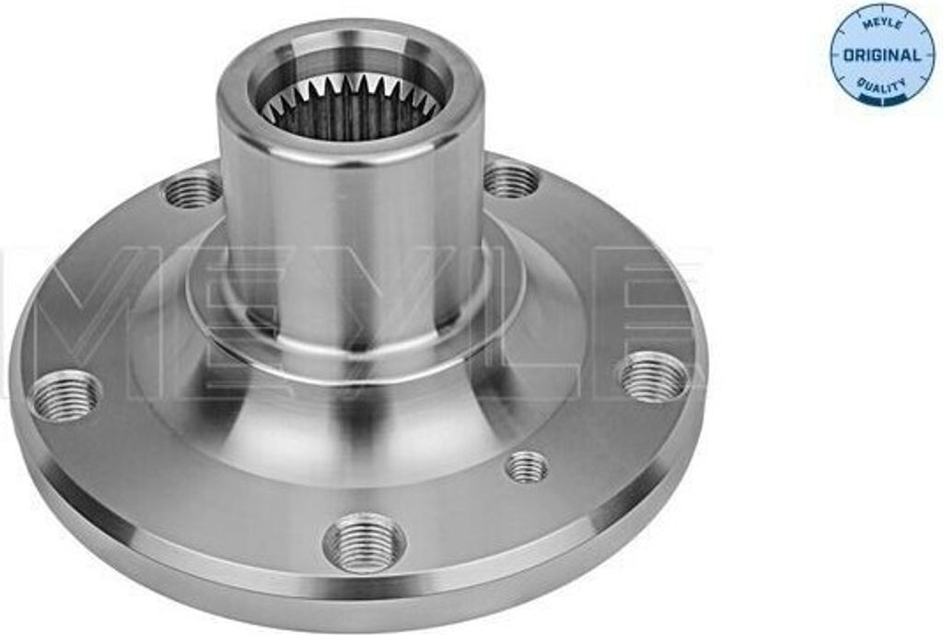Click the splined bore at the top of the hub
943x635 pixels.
pos(350,103)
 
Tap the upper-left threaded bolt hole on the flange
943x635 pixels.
pos(193,190)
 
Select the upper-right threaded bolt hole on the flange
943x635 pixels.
pos(512,179)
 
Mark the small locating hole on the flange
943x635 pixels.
pos(527,466)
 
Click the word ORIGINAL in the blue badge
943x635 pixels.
pos(881,55)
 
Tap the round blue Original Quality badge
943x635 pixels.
pos(881,53)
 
